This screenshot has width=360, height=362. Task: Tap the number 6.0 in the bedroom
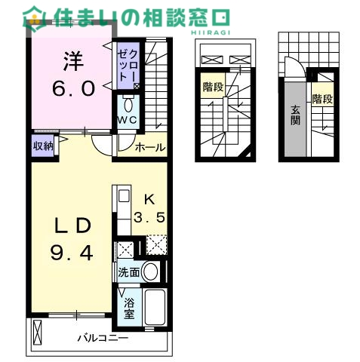point(72,88)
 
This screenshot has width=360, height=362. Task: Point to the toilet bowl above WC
point(127,103)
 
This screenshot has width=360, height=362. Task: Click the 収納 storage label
point(42,146)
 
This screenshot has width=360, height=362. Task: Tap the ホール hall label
point(149,148)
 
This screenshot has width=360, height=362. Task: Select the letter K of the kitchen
point(149,199)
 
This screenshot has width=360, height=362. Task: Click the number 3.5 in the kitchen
point(149,219)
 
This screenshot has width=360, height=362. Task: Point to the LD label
point(72,225)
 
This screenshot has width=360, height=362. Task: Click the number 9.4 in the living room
point(72,253)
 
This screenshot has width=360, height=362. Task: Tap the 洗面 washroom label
point(128,272)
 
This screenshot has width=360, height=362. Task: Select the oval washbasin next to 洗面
point(152,272)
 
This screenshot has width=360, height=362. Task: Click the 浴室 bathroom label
point(130,309)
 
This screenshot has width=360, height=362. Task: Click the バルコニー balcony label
point(102,339)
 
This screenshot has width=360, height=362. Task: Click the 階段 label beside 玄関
point(322,99)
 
